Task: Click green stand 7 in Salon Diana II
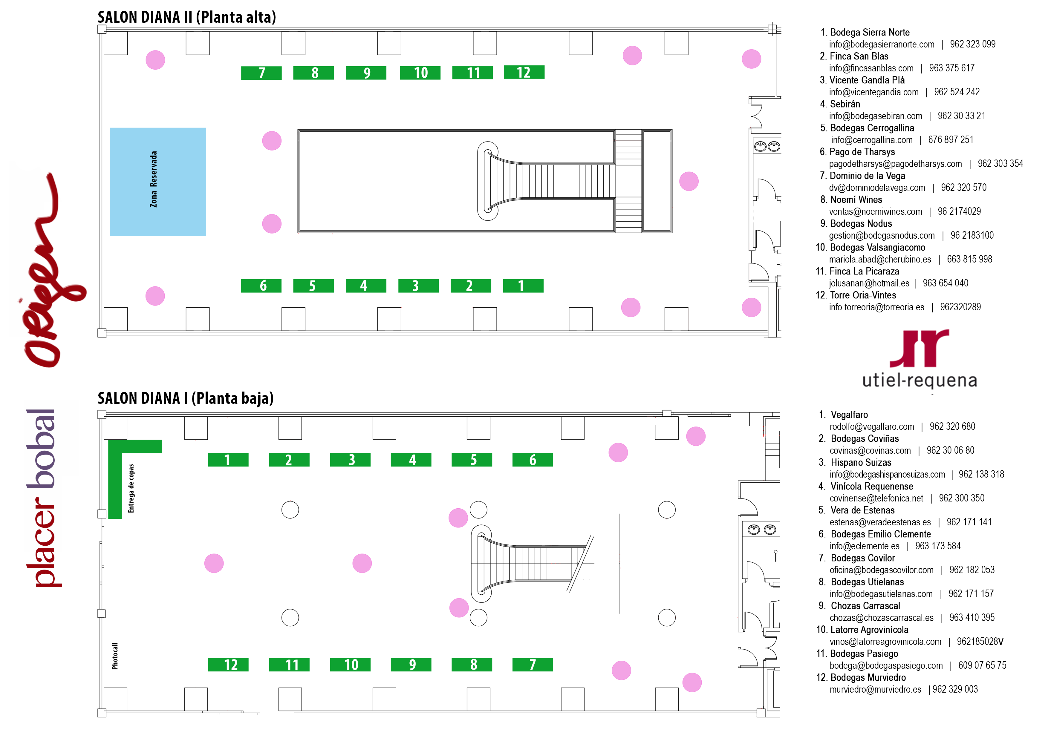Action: click(x=261, y=73)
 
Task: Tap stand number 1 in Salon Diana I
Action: click(x=228, y=460)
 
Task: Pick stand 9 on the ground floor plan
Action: click(x=411, y=665)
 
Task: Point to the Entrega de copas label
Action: click(x=131, y=488)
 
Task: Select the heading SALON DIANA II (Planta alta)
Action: click(x=187, y=17)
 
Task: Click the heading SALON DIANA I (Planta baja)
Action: click(x=185, y=398)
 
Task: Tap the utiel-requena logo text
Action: click(x=919, y=381)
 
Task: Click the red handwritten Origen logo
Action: click(x=48, y=269)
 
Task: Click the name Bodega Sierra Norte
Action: click(x=870, y=32)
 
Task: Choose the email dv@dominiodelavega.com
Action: click(x=877, y=188)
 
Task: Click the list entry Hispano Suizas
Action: click(x=861, y=462)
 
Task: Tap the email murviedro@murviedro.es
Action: click(x=875, y=689)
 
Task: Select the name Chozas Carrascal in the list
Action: click(x=865, y=605)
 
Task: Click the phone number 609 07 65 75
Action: click(x=982, y=665)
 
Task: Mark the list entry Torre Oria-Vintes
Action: click(x=863, y=295)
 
